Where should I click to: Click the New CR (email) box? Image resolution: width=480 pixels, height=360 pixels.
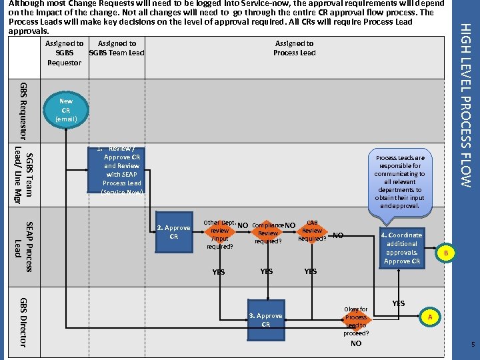65,110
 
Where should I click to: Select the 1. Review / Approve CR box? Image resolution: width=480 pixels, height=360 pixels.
121,170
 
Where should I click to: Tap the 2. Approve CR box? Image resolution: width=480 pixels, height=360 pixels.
173,232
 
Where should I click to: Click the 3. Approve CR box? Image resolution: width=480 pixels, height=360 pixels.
265,320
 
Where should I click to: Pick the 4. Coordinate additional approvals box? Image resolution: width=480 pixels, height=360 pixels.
401,247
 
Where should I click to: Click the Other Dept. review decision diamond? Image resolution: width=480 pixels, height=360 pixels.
219,234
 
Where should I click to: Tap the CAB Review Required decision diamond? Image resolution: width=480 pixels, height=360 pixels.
311,231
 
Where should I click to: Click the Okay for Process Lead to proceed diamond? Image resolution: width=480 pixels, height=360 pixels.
355,321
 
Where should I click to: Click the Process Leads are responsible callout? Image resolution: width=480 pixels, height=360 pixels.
400,182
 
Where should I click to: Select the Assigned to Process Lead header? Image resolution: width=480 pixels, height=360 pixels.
294,48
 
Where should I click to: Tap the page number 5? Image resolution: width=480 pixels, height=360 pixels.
472,345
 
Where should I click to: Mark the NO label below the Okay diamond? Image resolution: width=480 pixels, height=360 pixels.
356,344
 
